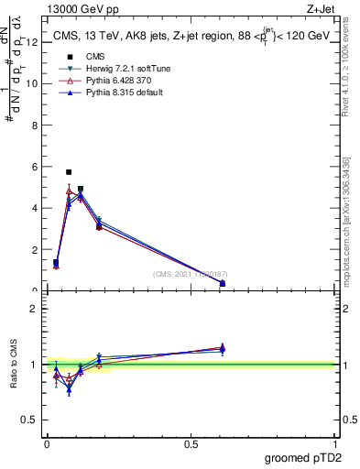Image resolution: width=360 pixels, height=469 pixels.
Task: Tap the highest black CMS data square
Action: point(69,172)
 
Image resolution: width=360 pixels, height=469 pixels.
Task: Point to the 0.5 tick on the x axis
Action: point(191,443)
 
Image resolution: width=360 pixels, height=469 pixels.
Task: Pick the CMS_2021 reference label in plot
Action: point(191,274)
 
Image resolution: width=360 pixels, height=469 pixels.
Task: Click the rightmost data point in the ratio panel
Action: point(223,349)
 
